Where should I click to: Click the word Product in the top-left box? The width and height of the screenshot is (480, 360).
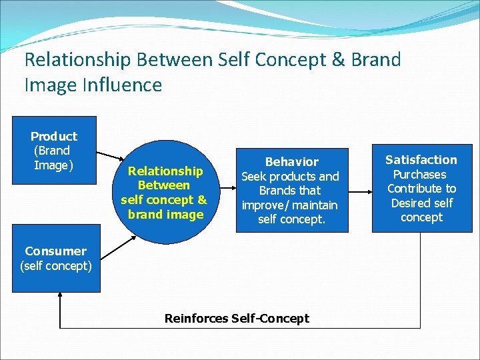54,136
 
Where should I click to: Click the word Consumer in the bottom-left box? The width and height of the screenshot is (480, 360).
55,251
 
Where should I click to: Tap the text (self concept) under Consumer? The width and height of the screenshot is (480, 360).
56,266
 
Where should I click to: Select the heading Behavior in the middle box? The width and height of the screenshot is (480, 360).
292,161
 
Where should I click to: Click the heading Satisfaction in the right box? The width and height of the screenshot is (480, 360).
421,159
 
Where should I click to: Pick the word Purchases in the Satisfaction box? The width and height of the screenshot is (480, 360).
419,174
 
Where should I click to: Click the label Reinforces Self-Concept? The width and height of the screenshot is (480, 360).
237,318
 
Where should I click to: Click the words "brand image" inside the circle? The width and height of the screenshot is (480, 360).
166,214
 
